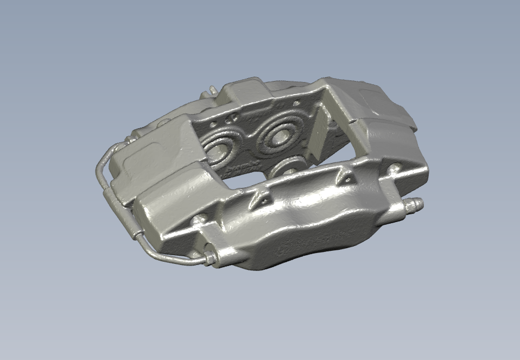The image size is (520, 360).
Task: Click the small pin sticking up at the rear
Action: (212, 90)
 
